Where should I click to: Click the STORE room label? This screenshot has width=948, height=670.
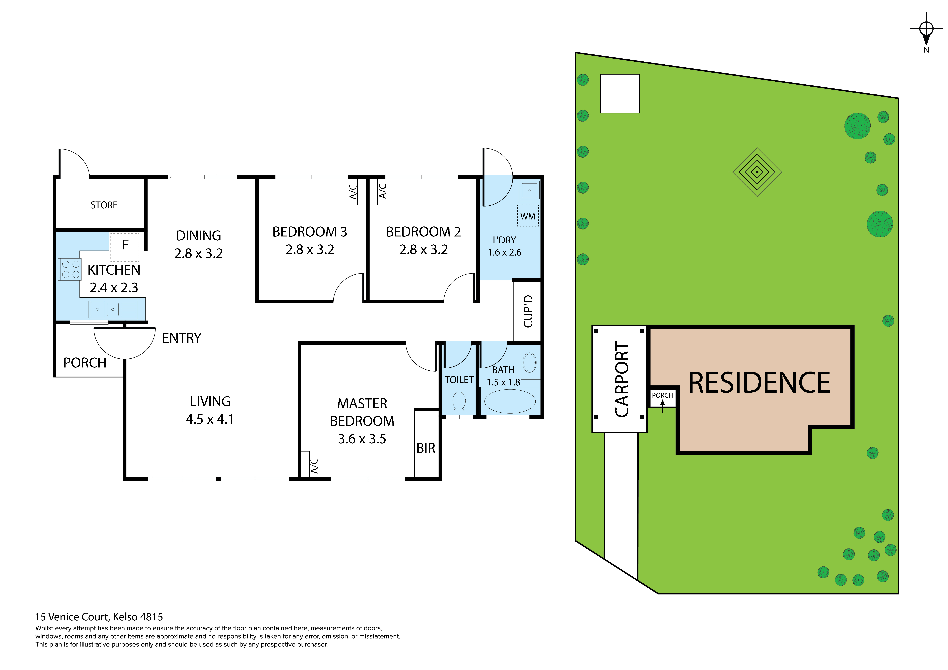pos(104,205)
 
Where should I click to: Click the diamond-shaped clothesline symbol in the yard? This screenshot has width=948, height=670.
pos(757,172)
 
